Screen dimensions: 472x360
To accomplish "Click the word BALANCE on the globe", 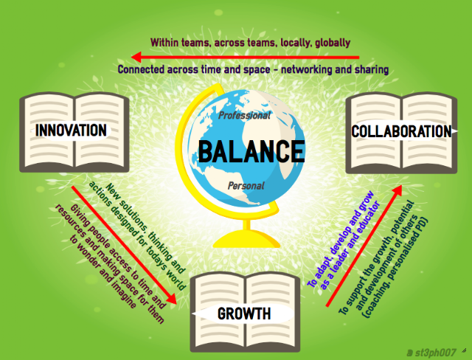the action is click(x=251, y=151).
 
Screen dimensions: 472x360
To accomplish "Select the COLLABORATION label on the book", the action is click(x=401, y=131).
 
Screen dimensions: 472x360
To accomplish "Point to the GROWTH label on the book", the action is click(x=244, y=314).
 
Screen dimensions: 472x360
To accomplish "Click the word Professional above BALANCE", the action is click(x=244, y=115).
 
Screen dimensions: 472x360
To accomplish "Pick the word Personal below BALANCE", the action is click(x=246, y=186).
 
